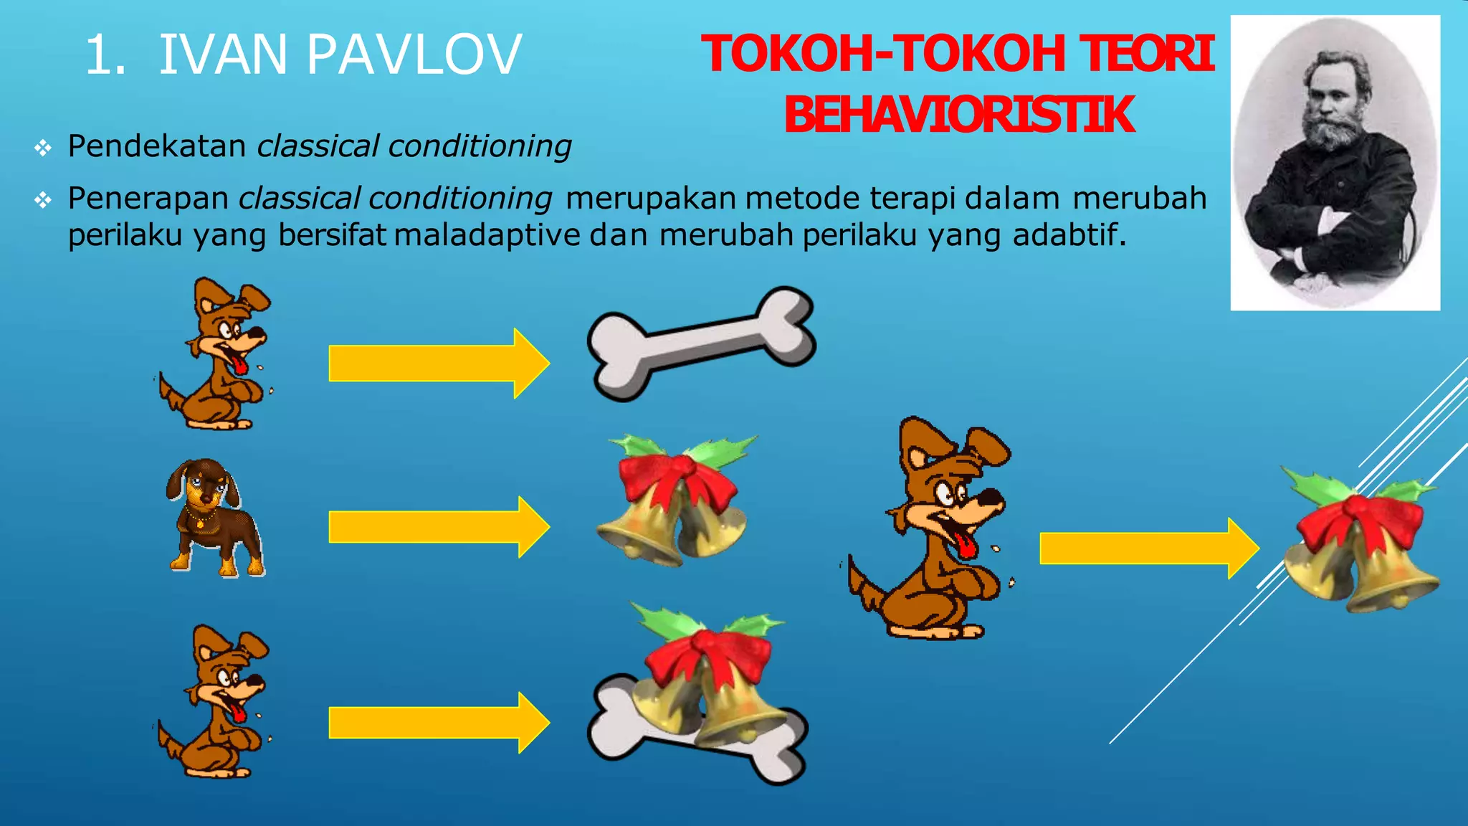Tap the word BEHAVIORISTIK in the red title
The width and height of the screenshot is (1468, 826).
click(959, 115)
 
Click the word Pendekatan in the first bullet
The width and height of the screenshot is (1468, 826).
click(157, 146)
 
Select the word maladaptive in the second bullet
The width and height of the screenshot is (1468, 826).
click(487, 235)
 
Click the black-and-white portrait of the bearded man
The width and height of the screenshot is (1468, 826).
click(1335, 163)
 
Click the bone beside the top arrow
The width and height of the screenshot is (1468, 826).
click(700, 343)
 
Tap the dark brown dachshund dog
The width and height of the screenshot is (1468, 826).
click(212, 518)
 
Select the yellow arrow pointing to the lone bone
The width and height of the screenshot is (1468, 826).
click(439, 363)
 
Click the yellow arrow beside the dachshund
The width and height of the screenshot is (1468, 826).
click(439, 527)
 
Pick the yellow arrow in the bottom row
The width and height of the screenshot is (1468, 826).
click(439, 723)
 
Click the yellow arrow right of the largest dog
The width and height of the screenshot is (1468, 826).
click(1148, 549)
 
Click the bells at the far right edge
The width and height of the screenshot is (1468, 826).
click(1359, 545)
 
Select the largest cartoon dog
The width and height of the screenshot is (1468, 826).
click(932, 531)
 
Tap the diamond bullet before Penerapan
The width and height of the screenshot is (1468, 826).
click(43, 200)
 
